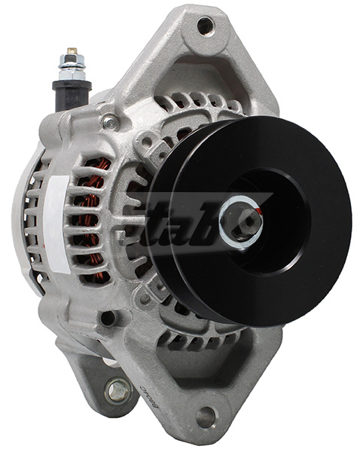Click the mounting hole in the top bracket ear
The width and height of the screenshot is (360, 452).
point(204,26)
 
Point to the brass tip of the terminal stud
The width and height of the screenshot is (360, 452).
point(72,52)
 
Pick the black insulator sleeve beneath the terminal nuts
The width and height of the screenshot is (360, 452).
point(72,94)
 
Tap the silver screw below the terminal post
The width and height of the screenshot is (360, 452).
point(111,121)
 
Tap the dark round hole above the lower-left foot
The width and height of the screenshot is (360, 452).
point(108,318)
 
